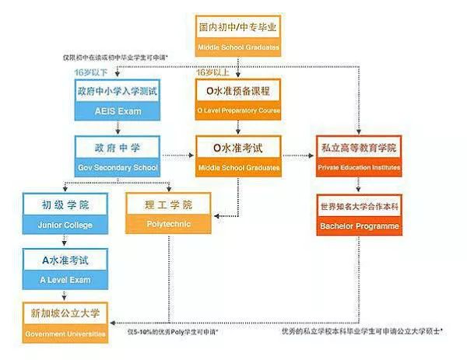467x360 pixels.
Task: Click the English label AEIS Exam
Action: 117,111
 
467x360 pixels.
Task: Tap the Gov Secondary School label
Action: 117,168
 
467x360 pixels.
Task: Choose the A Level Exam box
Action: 66,269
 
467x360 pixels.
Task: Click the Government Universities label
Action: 66,334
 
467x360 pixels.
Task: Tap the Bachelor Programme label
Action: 358,226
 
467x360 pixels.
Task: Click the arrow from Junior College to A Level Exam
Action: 66,240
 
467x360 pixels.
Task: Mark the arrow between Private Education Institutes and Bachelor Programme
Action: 358,185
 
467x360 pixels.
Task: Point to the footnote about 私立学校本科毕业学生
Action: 362,331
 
